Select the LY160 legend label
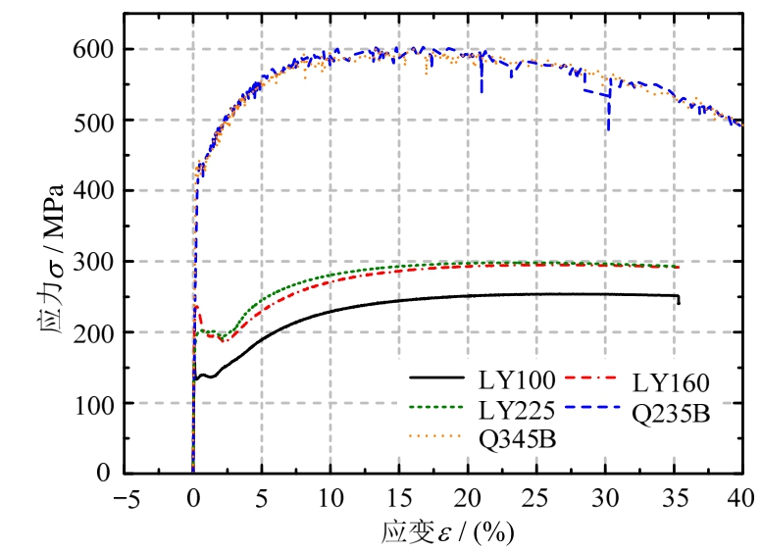[x=671, y=380]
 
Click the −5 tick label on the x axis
[x=124, y=497]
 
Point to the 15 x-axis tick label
[x=399, y=497]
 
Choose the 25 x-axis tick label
[x=536, y=497]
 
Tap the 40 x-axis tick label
[x=741, y=497]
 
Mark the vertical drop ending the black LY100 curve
[x=678, y=299]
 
